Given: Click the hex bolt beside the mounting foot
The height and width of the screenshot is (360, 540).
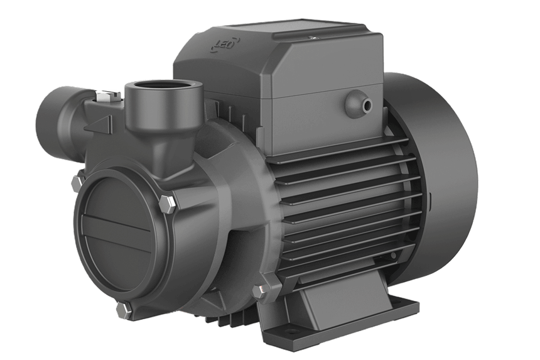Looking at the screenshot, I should click(x=257, y=291).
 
